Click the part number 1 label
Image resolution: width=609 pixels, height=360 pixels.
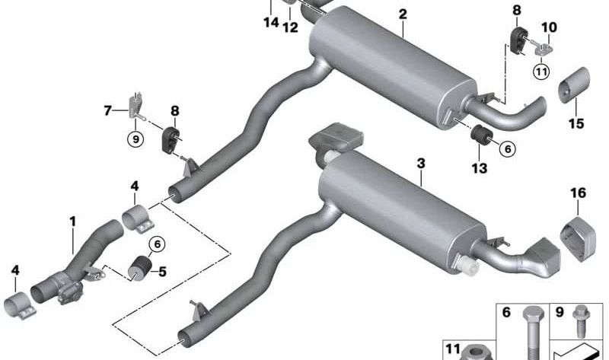point(73,221)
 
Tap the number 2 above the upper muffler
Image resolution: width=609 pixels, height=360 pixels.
point(402,14)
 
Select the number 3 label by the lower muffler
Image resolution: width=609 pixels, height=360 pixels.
point(420,163)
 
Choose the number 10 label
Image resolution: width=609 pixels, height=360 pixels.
point(549,28)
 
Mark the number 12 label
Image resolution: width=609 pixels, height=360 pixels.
point(290,27)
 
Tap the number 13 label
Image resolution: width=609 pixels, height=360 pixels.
point(479,167)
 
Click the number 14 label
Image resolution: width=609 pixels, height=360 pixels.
point(270,23)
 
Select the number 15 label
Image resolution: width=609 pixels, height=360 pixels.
point(576,123)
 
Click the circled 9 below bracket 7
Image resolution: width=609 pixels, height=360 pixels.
point(135,139)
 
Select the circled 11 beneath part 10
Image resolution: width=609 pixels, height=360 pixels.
point(541,72)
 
